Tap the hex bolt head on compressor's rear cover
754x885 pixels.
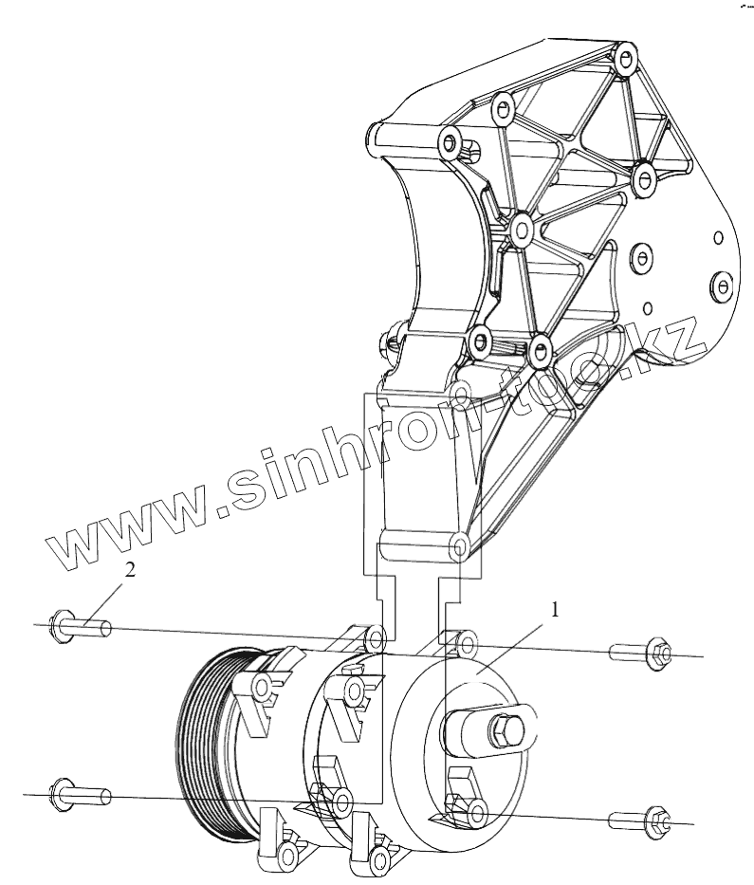click(x=503, y=733)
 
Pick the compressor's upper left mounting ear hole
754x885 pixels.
click(x=377, y=635)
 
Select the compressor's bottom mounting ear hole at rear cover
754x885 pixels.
click(x=477, y=809)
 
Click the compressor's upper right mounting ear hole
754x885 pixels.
click(x=466, y=644)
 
